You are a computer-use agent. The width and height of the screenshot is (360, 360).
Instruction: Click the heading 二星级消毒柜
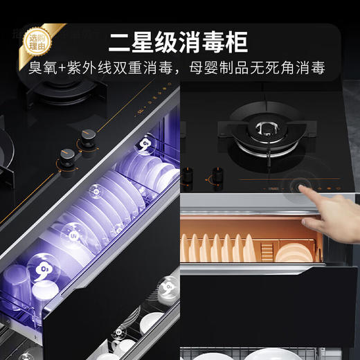pyautogui.click(x=179, y=42)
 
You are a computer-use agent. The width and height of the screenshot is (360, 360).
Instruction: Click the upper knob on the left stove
pyautogui.click(x=88, y=134)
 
